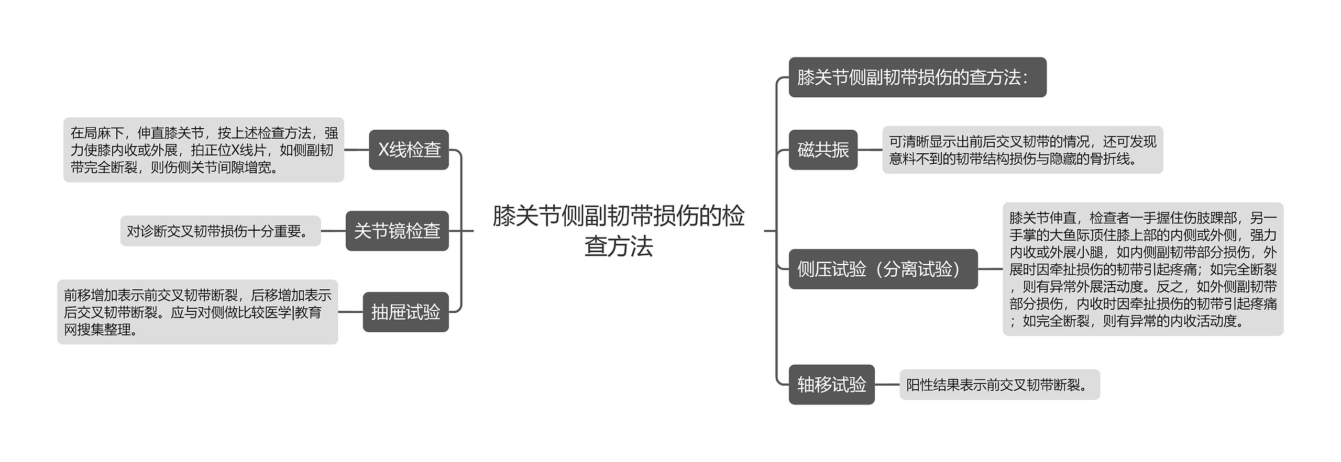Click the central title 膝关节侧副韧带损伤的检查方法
click(619, 231)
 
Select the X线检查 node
click(409, 150)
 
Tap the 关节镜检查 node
click(397, 231)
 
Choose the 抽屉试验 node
click(405, 312)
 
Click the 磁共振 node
click(823, 150)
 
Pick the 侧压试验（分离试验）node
click(883, 269)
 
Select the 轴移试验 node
click(831, 385)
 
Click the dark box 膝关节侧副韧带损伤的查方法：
click(917, 77)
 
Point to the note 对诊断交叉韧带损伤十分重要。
click(220, 231)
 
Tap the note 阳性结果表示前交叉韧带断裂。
click(999, 385)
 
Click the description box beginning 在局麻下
click(204, 150)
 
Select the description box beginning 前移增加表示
click(197, 312)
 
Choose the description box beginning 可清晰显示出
click(1023, 150)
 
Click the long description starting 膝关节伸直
click(1143, 269)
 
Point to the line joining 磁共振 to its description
click(870, 150)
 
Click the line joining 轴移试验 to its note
click(887, 385)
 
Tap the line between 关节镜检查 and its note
click(333, 231)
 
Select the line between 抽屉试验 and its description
click(350, 312)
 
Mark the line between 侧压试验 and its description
click(990, 269)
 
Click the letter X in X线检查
click(383, 150)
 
